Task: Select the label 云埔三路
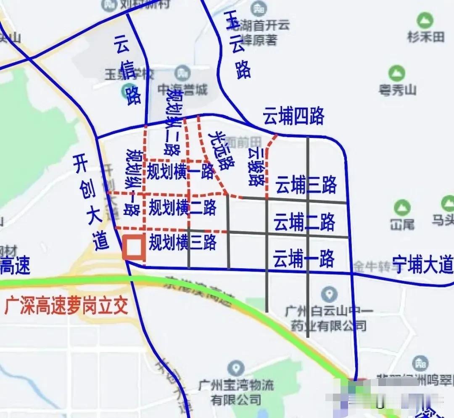pyautogui.click(x=306, y=185)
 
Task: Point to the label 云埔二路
pyautogui.click(x=304, y=222)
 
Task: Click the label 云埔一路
pyautogui.click(x=304, y=258)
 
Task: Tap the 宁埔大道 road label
pyautogui.click(x=422, y=265)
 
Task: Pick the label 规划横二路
pyautogui.click(x=182, y=208)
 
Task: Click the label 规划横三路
pyautogui.click(x=183, y=243)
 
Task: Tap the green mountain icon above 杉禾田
pyautogui.click(x=425, y=20)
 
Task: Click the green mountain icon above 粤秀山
pyautogui.click(x=396, y=73)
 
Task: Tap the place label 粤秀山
pyautogui.click(x=397, y=90)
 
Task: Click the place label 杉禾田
pyautogui.click(x=425, y=37)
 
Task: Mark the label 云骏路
pyautogui.click(x=256, y=167)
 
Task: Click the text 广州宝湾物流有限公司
pyautogui.click(x=236, y=392)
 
